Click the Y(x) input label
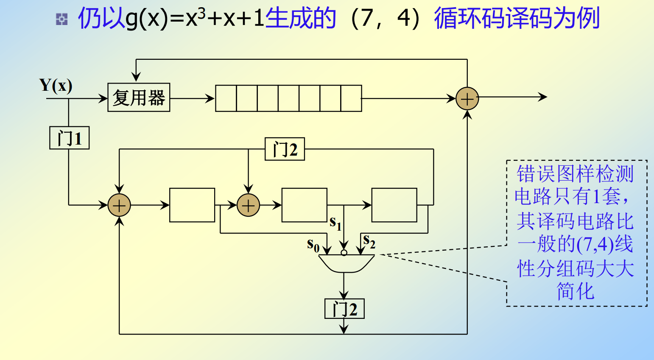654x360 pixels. pyautogui.click(x=56, y=86)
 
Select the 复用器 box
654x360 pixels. pyautogui.click(x=139, y=98)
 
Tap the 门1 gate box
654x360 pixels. pyautogui.click(x=70, y=138)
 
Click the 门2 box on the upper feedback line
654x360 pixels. pyautogui.click(x=285, y=149)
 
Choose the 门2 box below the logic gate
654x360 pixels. pyautogui.click(x=344, y=309)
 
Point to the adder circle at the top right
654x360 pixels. pyautogui.click(x=467, y=99)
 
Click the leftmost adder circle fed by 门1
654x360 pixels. pyautogui.click(x=119, y=205)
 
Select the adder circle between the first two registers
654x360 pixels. pyautogui.click(x=248, y=205)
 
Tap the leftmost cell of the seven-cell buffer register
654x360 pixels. pyautogui.click(x=226, y=98)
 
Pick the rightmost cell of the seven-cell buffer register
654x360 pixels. pyautogui.click(x=351, y=98)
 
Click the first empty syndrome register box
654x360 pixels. pyautogui.click(x=192, y=205)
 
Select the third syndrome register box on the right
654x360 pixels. pyautogui.click(x=394, y=205)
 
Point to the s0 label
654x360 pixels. pyautogui.click(x=313, y=245)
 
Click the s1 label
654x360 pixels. pyautogui.click(x=335, y=223)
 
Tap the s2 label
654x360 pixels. pyautogui.click(x=369, y=241)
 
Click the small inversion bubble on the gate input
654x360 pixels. pyautogui.click(x=344, y=253)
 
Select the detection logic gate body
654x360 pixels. pyautogui.click(x=346, y=263)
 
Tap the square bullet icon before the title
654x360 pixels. pyautogui.click(x=62, y=19)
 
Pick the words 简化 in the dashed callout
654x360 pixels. pyautogui.click(x=575, y=292)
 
